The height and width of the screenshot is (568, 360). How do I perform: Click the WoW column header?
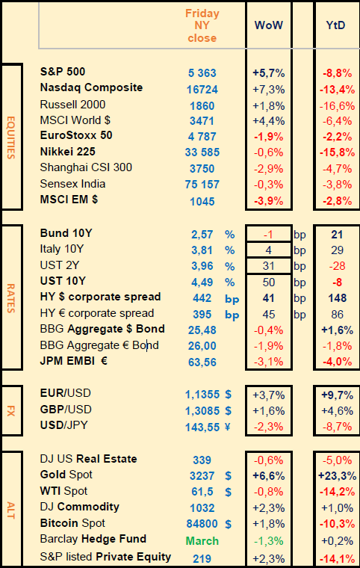[268, 25]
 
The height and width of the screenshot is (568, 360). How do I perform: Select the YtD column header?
[336, 25]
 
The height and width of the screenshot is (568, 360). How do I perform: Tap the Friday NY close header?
[202, 25]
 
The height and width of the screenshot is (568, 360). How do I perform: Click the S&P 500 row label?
[63, 71]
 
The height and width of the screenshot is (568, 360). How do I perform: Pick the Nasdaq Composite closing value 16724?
[202, 90]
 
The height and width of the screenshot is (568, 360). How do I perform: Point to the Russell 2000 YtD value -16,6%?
[337, 106]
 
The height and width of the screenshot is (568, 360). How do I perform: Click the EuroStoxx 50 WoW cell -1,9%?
[268, 137]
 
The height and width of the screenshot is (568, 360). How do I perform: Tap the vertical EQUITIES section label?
[11, 138]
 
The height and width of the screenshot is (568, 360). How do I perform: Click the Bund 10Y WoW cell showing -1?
[268, 235]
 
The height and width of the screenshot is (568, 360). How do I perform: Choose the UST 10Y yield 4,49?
[202, 283]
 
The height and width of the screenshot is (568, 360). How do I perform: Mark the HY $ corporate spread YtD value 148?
[337, 298]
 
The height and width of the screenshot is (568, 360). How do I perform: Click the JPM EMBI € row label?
[73, 361]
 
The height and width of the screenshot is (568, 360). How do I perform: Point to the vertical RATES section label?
[11, 298]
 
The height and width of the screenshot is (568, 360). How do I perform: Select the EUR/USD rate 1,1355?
[202, 395]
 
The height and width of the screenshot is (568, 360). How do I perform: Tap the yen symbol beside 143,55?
[228, 427]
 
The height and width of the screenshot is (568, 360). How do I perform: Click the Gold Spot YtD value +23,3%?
[337, 475]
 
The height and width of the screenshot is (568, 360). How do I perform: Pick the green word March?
[202, 541]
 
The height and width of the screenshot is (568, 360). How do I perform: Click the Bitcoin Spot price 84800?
[202, 524]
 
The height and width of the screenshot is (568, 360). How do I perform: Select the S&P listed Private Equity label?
[105, 557]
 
